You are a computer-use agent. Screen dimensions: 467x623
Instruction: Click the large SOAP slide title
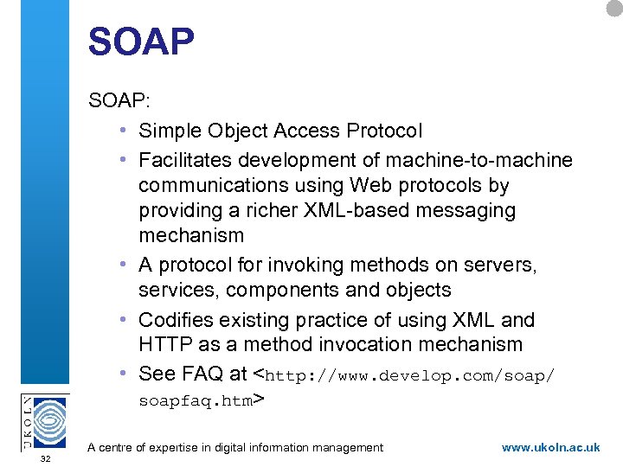point(141,42)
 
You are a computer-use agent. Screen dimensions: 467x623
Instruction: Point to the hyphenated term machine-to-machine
point(487,161)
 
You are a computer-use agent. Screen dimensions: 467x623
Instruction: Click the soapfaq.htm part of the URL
point(195,400)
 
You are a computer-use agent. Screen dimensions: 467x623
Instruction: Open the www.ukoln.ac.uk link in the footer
point(550,448)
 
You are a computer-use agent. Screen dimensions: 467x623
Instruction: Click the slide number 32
point(45,458)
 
